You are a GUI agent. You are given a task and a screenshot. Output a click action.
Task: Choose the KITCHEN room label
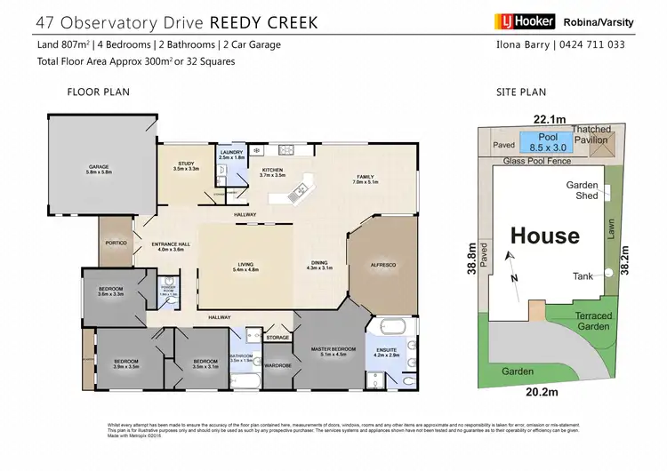(272, 172)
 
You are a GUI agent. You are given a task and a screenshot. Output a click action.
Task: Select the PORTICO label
(117, 243)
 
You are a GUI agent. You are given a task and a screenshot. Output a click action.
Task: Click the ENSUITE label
(389, 352)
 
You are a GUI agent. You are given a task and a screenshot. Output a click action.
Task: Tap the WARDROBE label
(278, 364)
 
